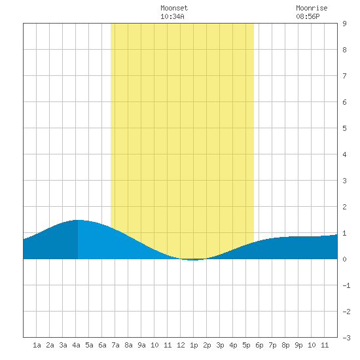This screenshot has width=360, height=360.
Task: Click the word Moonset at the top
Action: [174, 8]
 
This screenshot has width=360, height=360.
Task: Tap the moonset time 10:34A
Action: [172, 16]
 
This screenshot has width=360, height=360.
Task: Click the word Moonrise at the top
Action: [312, 8]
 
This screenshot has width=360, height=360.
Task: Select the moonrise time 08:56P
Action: [308, 16]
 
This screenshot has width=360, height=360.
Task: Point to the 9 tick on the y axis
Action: [344, 24]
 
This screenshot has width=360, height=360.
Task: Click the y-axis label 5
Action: [344, 128]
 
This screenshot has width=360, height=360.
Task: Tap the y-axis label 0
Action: [344, 259]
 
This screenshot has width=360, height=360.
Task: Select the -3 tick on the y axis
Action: [346, 338]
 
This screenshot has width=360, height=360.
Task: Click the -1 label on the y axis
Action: [346, 285]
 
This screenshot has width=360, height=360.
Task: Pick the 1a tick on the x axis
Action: [37, 345]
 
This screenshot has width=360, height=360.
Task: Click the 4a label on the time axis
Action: [76, 345]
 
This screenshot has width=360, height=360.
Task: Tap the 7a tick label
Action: [115, 345]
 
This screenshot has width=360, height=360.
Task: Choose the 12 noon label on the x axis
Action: [181, 345]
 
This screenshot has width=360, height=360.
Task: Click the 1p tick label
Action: [194, 345]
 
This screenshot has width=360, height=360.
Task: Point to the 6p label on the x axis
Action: [259, 345]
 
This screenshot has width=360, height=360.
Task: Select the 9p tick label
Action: [298, 345]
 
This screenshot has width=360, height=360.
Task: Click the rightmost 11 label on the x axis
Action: [325, 345]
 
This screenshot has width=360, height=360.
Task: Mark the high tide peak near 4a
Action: [78, 220]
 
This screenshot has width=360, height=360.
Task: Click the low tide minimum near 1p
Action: [193, 260]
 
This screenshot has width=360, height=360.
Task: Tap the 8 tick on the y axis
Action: [344, 50]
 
